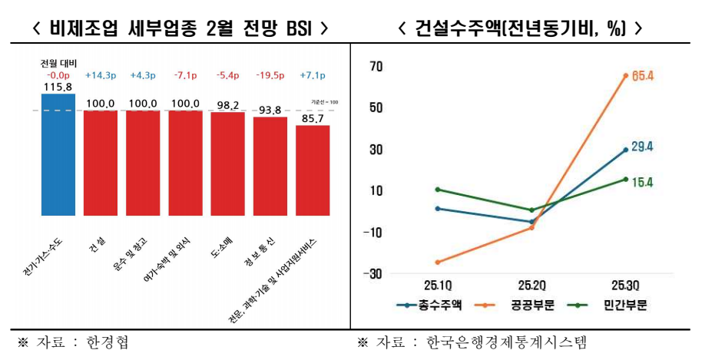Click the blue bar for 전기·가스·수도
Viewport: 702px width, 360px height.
click(x=58, y=154)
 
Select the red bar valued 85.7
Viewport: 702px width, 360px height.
click(x=313, y=170)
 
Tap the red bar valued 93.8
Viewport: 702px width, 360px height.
click(x=270, y=166)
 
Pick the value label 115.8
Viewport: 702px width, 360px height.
click(x=58, y=88)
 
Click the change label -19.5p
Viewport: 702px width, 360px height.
click(x=270, y=75)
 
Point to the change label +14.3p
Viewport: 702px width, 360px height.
click(x=101, y=75)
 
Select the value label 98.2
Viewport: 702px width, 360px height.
click(x=228, y=104)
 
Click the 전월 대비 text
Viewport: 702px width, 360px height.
click(x=58, y=64)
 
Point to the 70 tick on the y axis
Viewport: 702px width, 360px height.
click(x=375, y=66)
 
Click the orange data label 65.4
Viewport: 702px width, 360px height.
click(x=642, y=76)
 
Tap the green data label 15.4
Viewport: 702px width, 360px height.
click(x=642, y=182)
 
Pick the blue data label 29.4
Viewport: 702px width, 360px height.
click(x=642, y=147)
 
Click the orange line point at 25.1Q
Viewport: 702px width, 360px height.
click(x=437, y=263)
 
